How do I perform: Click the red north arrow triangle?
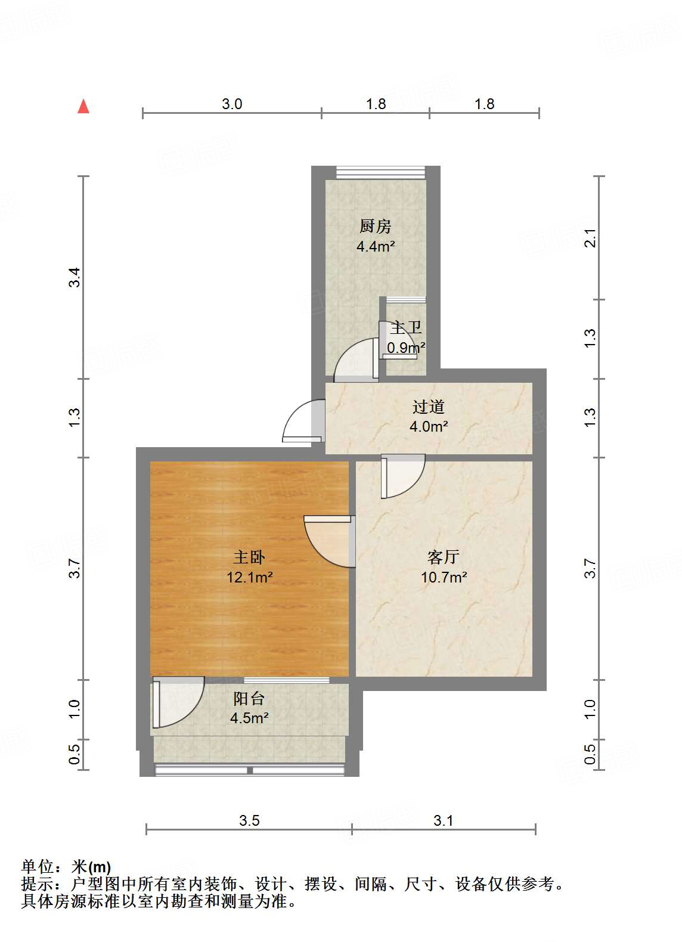pyautogui.click(x=83, y=107)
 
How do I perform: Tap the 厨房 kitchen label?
pyautogui.click(x=375, y=227)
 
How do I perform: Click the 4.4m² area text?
pyautogui.click(x=376, y=246)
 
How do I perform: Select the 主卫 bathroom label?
pyautogui.click(x=407, y=328)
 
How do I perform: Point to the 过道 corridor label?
pyautogui.click(x=428, y=407)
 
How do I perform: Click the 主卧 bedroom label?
pyautogui.click(x=249, y=557)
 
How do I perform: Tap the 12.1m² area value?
pyautogui.click(x=250, y=577)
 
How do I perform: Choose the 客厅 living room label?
pyautogui.click(x=444, y=557)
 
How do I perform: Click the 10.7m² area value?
pyautogui.click(x=444, y=577)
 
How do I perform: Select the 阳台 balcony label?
pyautogui.click(x=249, y=699)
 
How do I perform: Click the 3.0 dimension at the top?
pyautogui.click(x=232, y=104)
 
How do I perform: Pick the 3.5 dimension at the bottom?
pyautogui.click(x=249, y=821)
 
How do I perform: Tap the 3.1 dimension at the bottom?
pyautogui.click(x=444, y=821)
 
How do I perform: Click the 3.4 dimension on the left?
pyautogui.click(x=75, y=278)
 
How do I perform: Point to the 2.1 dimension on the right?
pyautogui.click(x=590, y=238)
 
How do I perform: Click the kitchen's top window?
pyautogui.click(x=380, y=172)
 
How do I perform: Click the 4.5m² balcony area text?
pyautogui.click(x=249, y=718)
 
